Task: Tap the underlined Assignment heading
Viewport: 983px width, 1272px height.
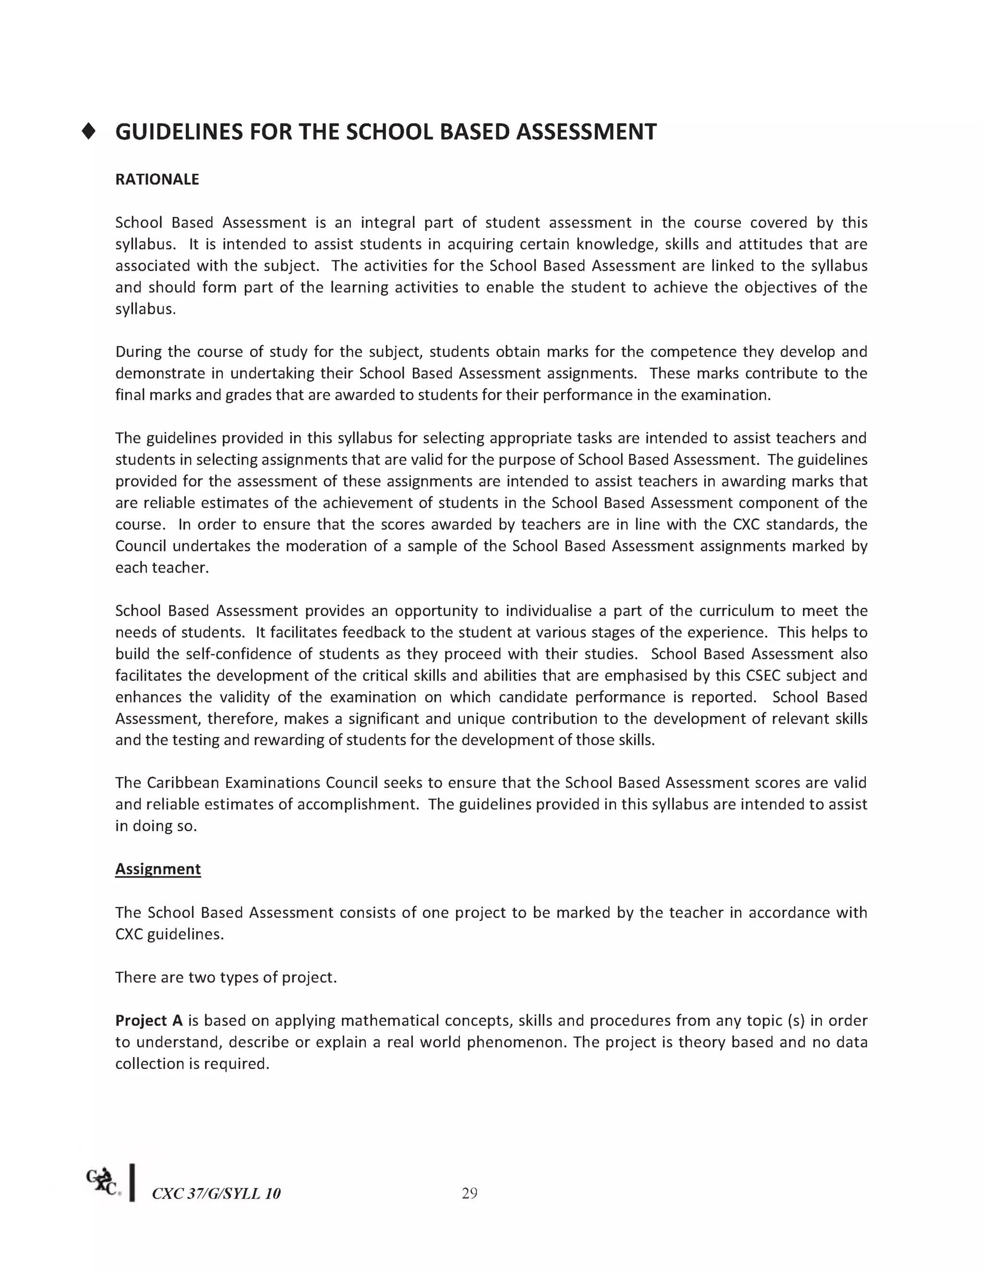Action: [158, 869]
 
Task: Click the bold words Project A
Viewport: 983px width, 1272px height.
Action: [149, 1020]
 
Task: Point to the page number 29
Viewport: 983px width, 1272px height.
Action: [469, 1193]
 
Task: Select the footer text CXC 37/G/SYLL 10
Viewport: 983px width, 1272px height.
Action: [216, 1194]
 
